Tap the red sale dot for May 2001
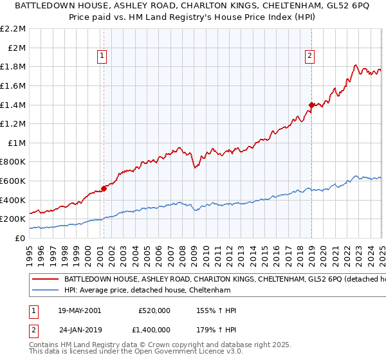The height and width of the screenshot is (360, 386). coord(104,189)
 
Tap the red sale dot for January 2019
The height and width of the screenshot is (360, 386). coord(311,105)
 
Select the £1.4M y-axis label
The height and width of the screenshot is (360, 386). coord(14,105)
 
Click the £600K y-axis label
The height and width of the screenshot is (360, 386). coord(14,181)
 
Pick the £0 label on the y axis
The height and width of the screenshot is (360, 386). coord(20,239)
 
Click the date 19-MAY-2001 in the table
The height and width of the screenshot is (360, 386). coord(79,310)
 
